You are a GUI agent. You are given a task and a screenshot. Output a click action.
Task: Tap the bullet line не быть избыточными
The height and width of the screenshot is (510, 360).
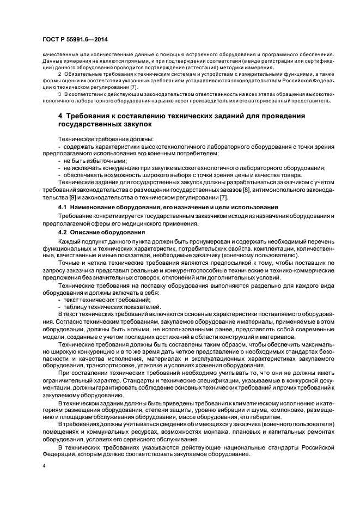(95, 161)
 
